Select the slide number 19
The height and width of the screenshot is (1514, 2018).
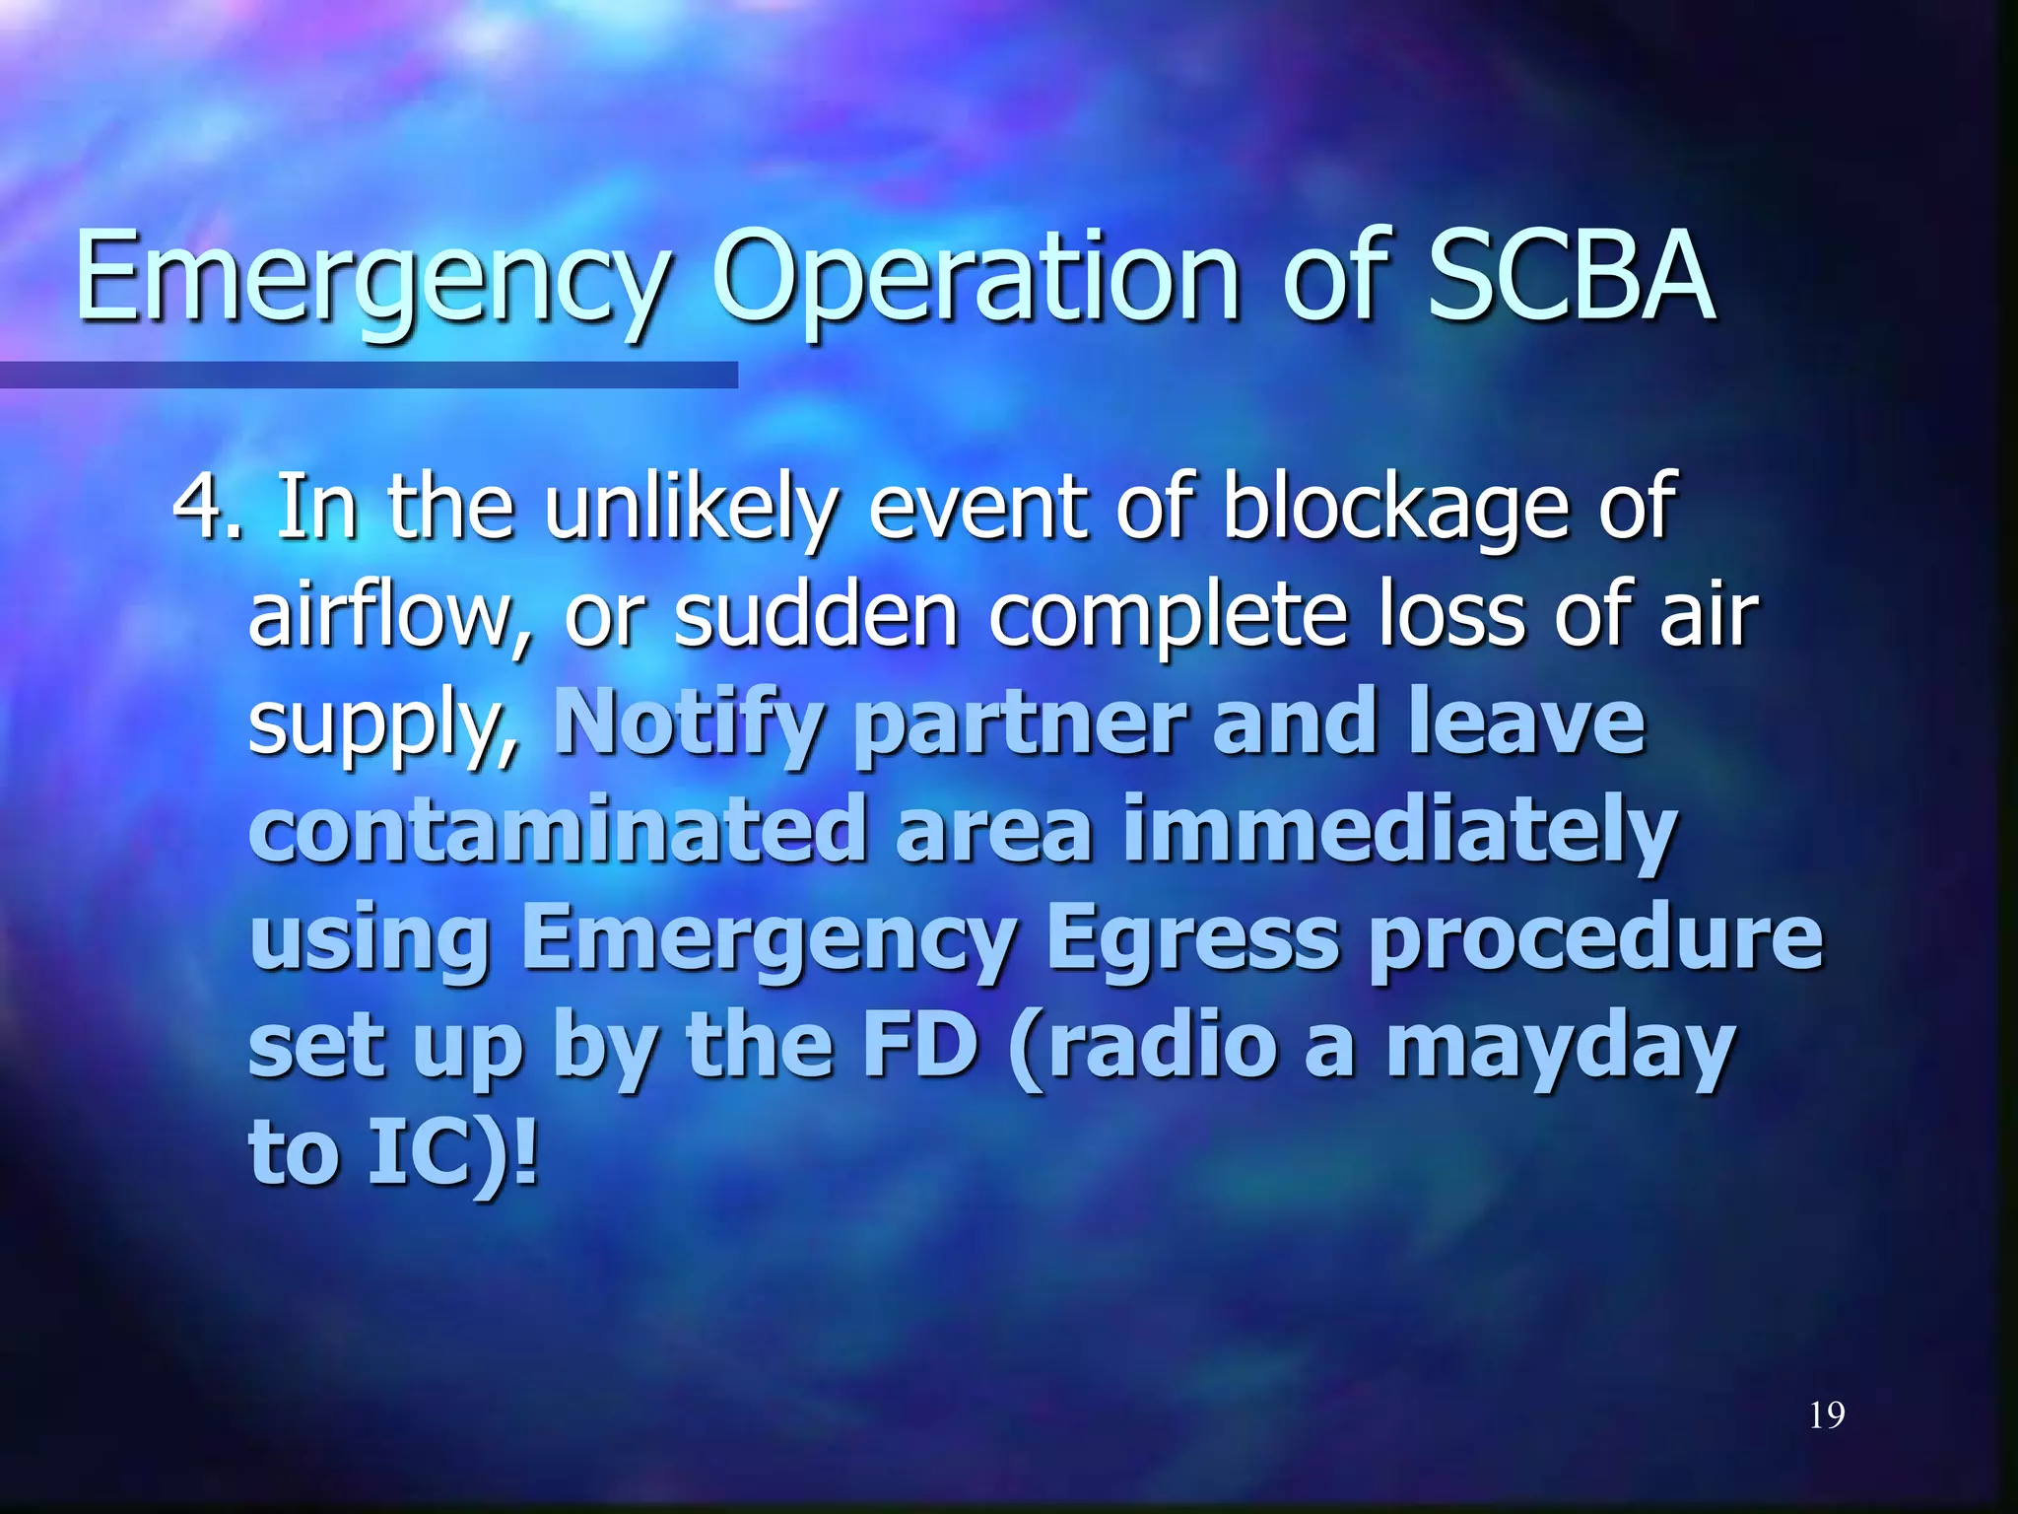tap(1827, 1415)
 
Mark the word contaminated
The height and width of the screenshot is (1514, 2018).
tap(558, 831)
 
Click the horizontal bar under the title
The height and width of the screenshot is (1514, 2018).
tap(369, 375)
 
